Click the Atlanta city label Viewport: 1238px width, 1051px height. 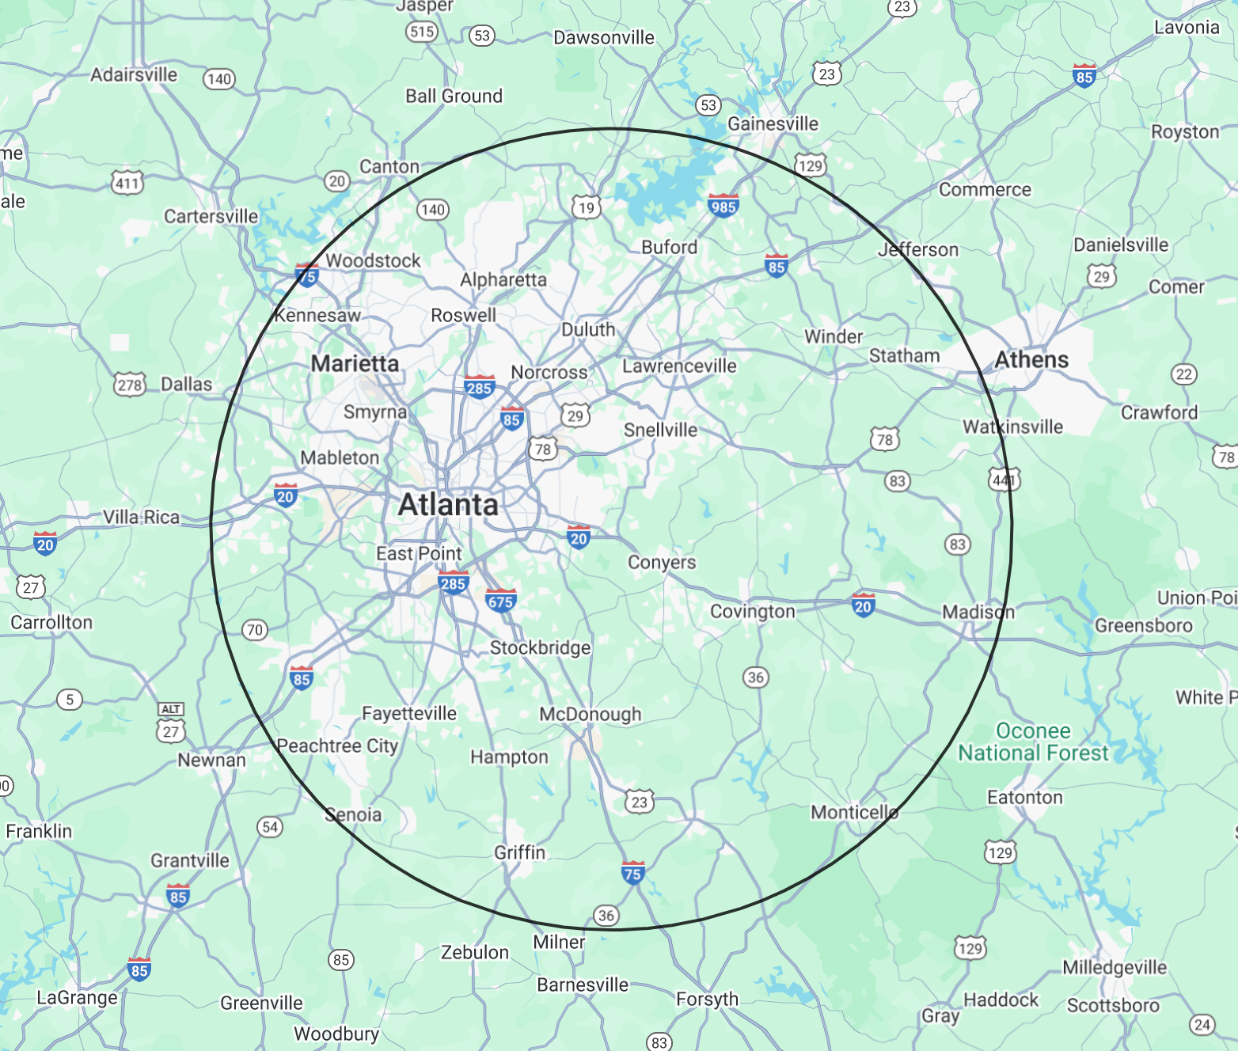448,505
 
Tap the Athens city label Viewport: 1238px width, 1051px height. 1031,360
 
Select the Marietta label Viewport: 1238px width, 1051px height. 355,364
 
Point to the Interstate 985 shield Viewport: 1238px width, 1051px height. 723,206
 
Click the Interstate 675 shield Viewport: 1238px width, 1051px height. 501,601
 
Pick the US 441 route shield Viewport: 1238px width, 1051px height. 1004,479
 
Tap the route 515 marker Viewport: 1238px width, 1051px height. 422,32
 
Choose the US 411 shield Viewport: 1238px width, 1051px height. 127,183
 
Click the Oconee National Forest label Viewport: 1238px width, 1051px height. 1033,742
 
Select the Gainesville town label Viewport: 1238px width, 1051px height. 773,124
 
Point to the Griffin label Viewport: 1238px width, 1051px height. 519,852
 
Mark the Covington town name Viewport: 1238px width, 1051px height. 752,612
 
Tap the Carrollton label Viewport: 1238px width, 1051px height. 51,623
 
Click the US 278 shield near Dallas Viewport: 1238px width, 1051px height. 130,385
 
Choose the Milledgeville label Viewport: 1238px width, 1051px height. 1114,967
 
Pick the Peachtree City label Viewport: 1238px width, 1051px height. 337,746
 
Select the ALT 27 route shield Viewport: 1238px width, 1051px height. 171,723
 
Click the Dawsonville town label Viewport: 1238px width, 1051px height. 604,38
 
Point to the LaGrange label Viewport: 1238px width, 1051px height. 77,998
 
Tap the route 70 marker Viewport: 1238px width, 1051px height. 254,630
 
